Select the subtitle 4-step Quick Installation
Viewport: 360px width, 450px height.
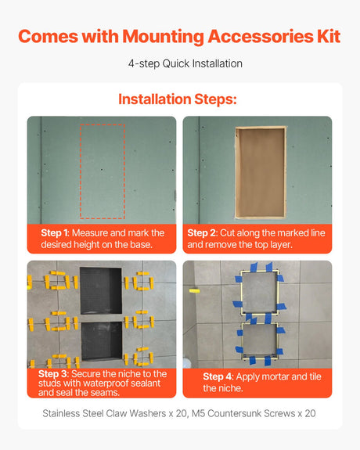[179, 64]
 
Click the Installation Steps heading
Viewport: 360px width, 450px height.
[177, 99]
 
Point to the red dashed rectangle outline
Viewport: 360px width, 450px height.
[103, 124]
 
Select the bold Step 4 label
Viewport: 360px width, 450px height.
[219, 376]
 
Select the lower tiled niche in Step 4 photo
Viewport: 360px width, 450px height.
[257, 343]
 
